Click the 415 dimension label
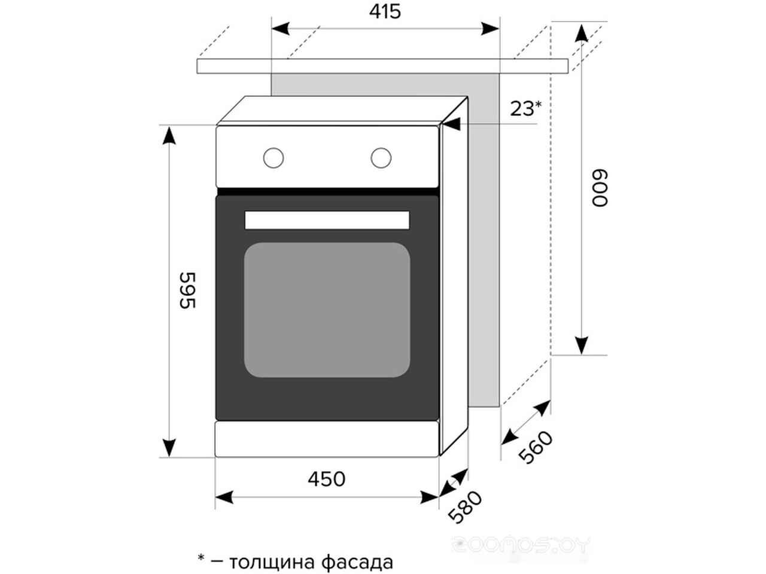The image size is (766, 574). (385, 12)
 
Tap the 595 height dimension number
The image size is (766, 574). (188, 290)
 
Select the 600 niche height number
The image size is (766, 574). (600, 188)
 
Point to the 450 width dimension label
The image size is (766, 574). (326, 479)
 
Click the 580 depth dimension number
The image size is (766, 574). (465, 507)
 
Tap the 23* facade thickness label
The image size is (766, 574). (526, 108)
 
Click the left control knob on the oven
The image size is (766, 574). (273, 158)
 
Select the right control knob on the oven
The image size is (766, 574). (381, 158)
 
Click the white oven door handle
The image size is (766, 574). (327, 220)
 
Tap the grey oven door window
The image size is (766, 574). (327, 310)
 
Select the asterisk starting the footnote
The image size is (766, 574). (200, 558)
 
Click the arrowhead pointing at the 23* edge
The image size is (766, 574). (452, 124)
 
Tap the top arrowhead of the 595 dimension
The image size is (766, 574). (169, 136)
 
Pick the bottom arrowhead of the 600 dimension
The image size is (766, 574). (582, 346)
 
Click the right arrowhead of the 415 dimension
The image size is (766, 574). (490, 29)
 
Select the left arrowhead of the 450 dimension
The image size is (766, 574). (224, 497)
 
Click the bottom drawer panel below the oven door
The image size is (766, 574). (327, 439)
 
